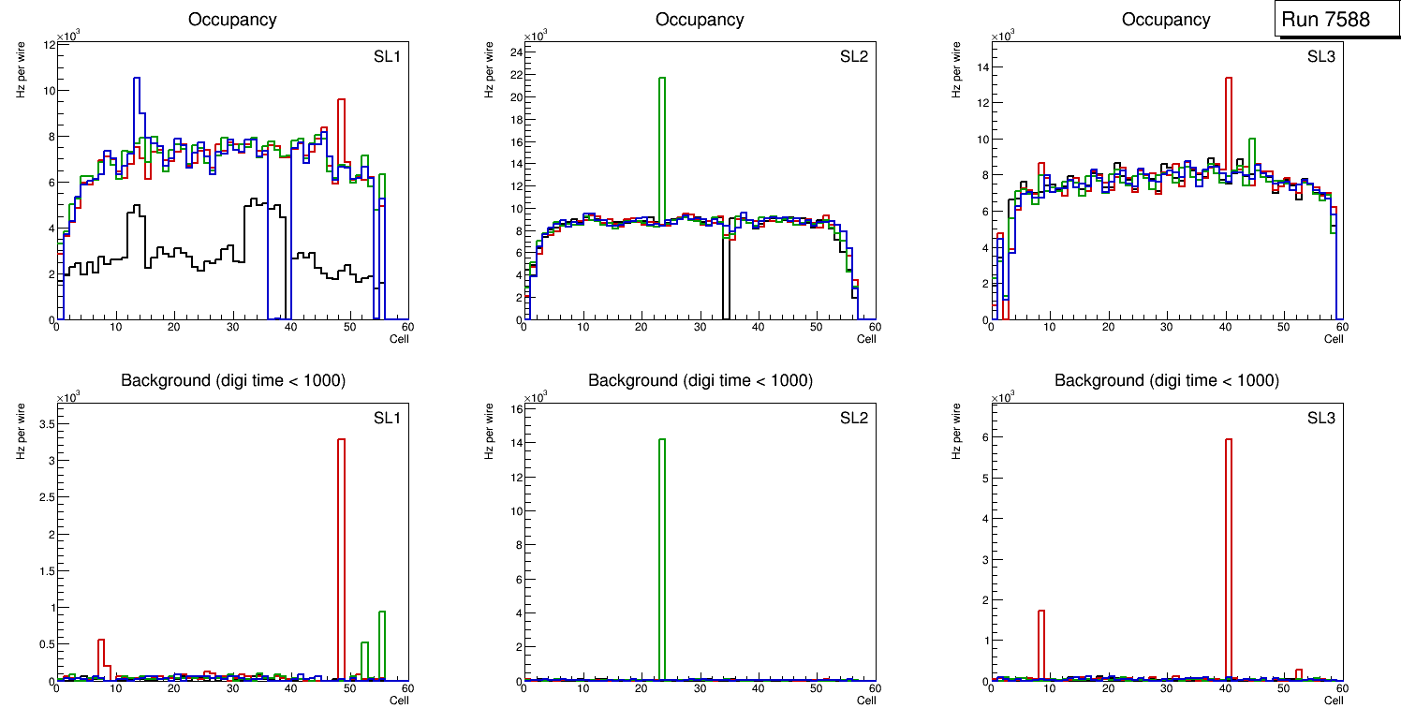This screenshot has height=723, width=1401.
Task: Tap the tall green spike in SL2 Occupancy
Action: click(x=662, y=140)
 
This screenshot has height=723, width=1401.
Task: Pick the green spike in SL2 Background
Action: click(x=662, y=543)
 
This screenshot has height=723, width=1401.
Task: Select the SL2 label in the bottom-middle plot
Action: click(x=854, y=418)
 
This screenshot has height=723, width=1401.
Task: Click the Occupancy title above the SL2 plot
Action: click(x=700, y=20)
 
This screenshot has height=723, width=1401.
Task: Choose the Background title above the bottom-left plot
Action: click(x=233, y=380)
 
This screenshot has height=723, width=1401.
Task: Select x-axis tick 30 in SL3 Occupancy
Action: click(x=1166, y=327)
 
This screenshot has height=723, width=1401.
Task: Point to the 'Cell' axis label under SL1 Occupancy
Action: click(x=399, y=339)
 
